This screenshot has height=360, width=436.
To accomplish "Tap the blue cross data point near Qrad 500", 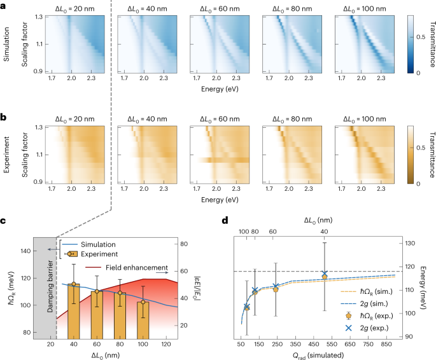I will point(325,274).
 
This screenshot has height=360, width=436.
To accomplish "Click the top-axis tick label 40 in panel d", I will point(325,232).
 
